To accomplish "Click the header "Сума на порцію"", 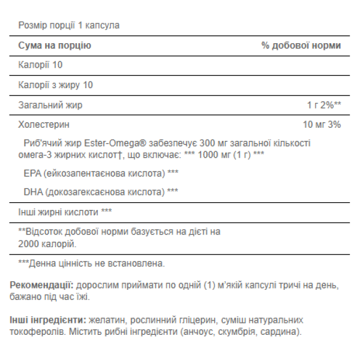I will pos(55,46).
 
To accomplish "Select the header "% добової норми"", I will pos(301,46).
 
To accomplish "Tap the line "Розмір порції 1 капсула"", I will pos(69,26).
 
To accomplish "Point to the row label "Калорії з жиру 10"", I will pos(56,85).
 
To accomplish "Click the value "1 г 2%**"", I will pos(324,105).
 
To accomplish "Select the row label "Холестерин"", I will pos(44,125).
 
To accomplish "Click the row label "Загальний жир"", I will pos(50,105).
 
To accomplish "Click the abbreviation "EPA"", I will pos(30,173).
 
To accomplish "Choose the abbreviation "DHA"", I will pos(31,192).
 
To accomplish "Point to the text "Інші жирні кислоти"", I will pos(58,212).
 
